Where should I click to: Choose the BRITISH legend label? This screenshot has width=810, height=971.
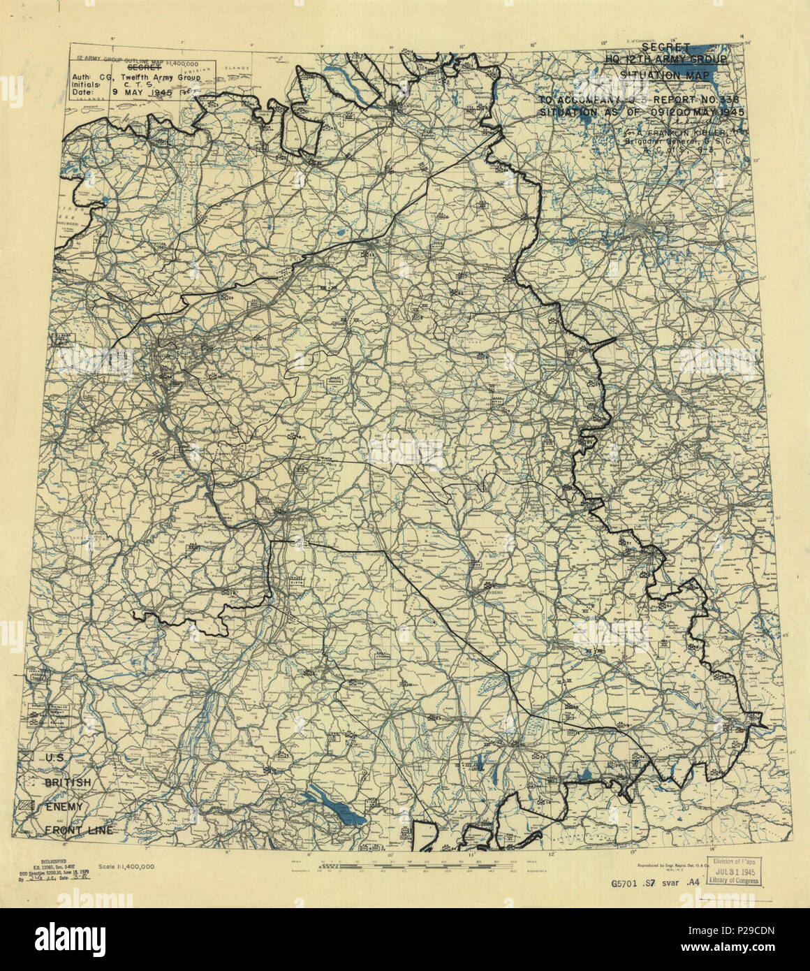pyautogui.click(x=67, y=782)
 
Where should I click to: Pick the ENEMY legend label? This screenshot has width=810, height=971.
pyautogui.click(x=64, y=806)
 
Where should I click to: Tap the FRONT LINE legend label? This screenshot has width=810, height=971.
pyautogui.click(x=78, y=830)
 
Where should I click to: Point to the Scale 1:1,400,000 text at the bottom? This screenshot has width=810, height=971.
pyautogui.click(x=126, y=864)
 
